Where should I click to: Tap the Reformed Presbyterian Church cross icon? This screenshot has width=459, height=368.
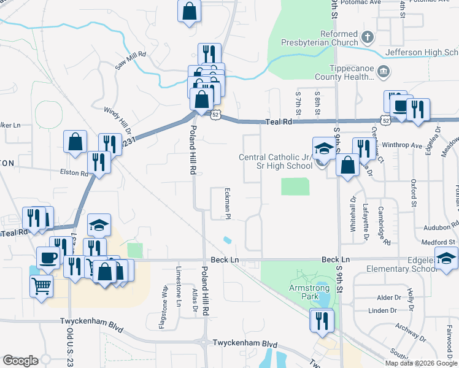point(368,37)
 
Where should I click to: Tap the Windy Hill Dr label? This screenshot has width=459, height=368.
point(117,121)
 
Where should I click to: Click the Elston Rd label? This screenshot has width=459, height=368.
point(75,174)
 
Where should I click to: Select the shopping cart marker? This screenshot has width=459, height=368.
point(41,285)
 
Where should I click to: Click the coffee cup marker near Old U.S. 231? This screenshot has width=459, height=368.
point(48,258)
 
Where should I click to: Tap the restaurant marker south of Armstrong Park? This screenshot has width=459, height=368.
point(320,320)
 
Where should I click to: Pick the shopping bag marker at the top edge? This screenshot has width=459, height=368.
point(190,11)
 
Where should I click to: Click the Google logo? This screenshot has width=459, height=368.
point(20,361)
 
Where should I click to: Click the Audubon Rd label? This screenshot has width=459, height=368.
point(438,227)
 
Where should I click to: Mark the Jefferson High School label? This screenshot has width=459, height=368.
point(423,53)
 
